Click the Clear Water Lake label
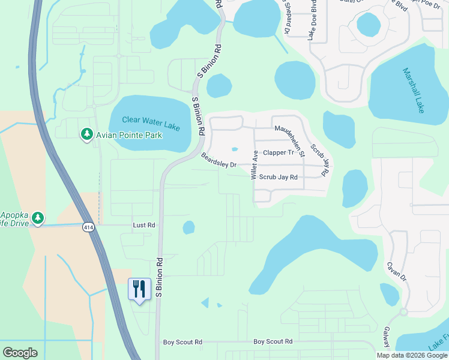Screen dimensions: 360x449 tap(151, 120)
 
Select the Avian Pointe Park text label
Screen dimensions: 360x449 tap(129, 136)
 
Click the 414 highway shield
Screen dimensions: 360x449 tap(89, 227)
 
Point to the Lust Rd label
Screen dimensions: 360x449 tap(143, 226)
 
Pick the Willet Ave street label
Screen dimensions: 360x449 tap(255, 165)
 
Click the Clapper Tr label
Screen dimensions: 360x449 tap(278, 152)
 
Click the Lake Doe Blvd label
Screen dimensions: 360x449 tap(313, 19)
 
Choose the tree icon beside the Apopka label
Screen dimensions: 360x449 tap(38, 217)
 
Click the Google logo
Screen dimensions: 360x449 tap(20, 353)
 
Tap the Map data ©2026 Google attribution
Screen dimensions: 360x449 tap(411, 355)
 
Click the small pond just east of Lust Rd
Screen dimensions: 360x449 tap(188, 227)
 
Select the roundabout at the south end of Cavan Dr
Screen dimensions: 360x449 tap(403, 312)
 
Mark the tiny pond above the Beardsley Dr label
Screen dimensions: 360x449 tap(234, 149)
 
